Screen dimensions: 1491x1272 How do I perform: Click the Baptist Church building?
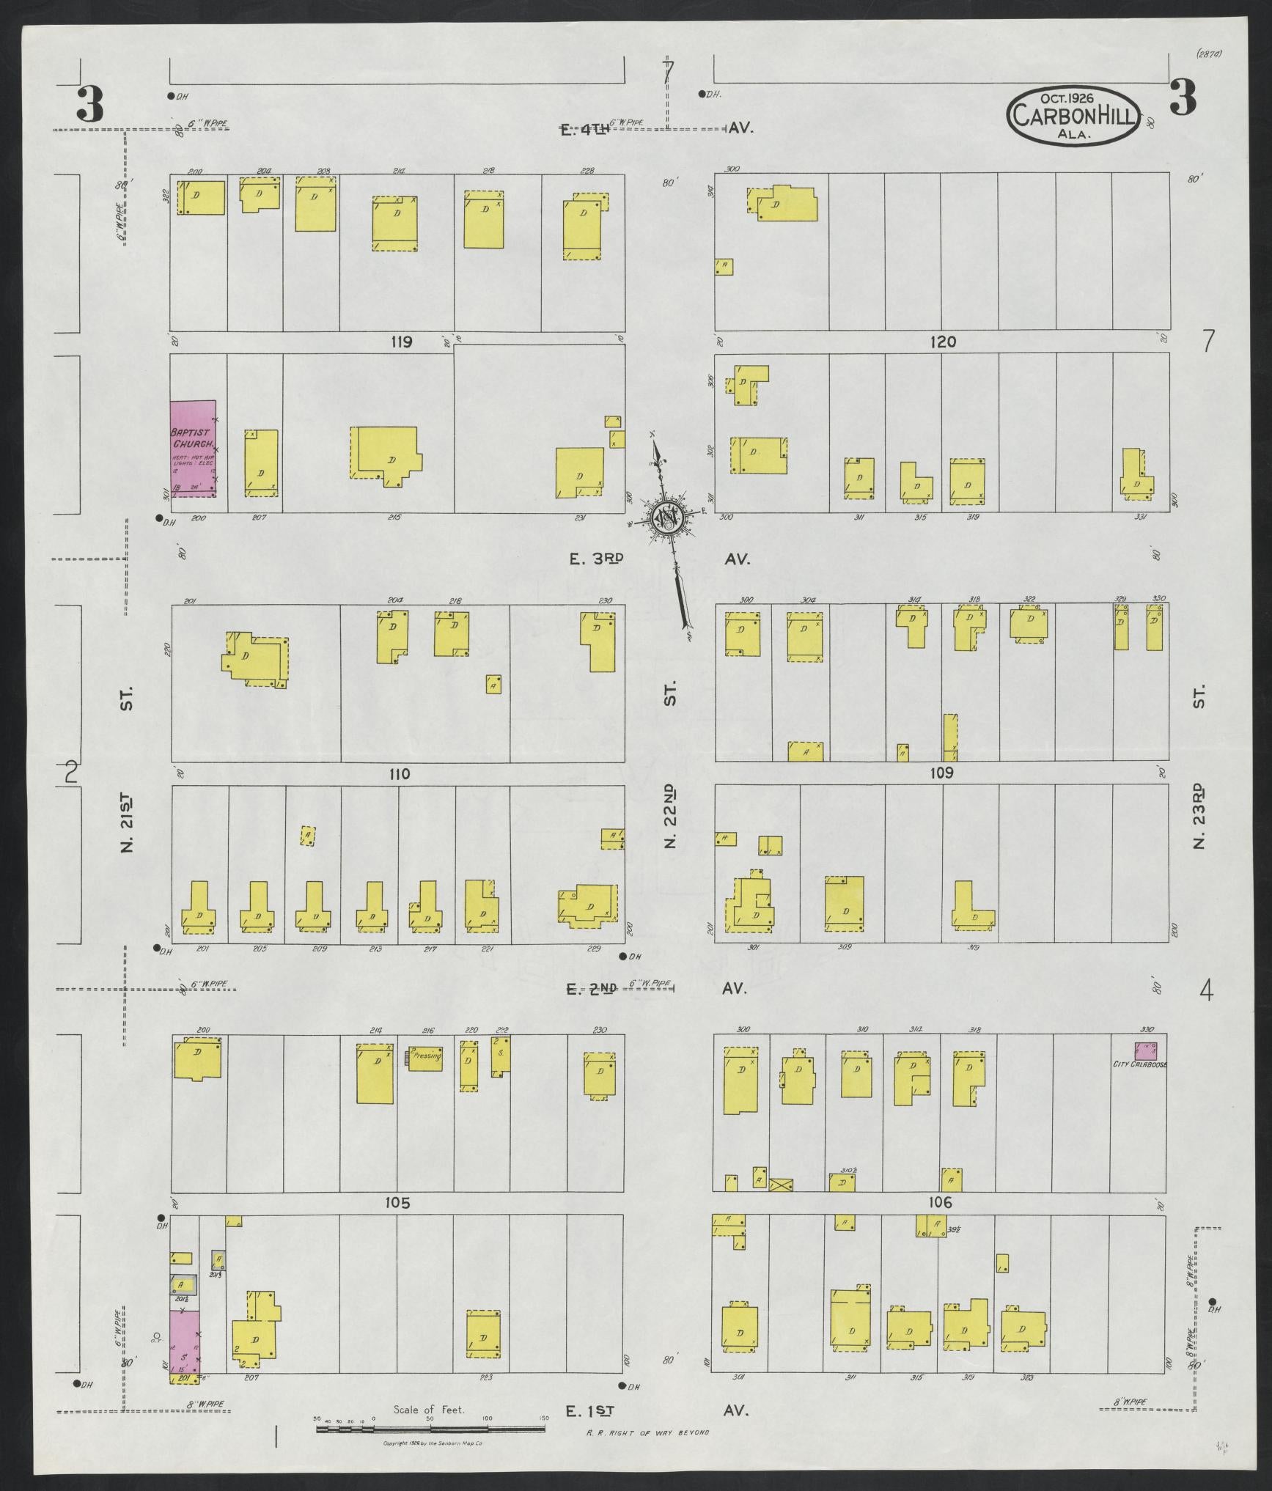[x=194, y=449]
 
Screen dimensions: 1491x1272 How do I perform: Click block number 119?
[x=401, y=342]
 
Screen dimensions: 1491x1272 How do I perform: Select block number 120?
[x=943, y=342]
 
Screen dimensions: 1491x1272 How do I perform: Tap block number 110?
[x=400, y=774]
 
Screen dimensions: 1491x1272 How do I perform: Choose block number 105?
[x=400, y=1203]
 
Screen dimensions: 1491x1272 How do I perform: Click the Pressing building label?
[x=425, y=1058]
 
